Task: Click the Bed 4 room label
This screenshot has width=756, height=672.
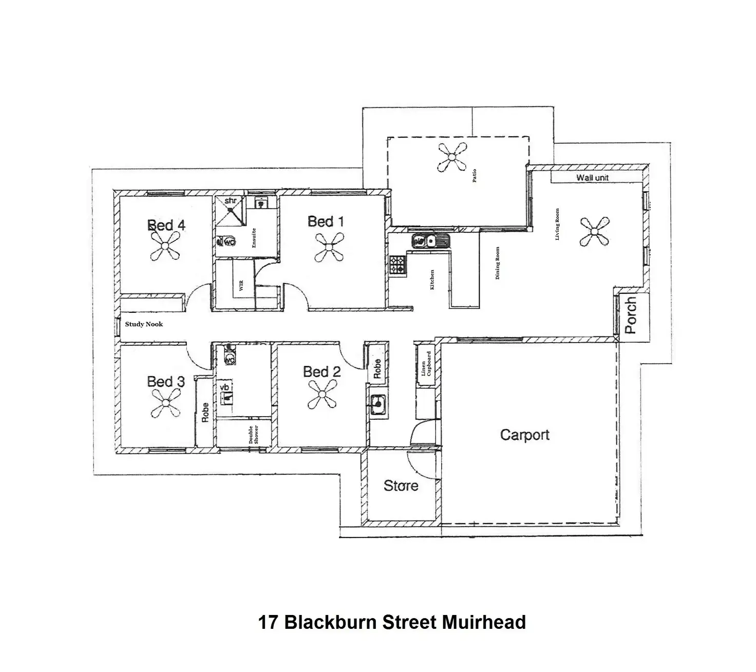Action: click(x=166, y=226)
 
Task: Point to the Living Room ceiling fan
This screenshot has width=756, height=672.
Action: click(x=595, y=232)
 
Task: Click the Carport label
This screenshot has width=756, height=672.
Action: click(x=524, y=435)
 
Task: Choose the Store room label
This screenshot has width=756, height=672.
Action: click(x=401, y=486)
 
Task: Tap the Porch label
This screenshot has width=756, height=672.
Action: click(x=631, y=315)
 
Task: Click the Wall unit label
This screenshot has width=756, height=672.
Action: click(x=592, y=178)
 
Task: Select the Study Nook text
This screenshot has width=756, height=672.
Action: click(x=144, y=324)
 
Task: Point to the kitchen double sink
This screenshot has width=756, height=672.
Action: click(x=430, y=240)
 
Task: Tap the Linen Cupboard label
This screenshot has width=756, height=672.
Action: click(x=426, y=364)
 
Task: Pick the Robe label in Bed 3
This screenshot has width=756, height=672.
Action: click(x=205, y=413)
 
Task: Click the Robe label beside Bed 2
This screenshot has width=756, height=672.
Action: click(x=377, y=369)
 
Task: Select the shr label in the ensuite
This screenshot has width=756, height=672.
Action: click(x=230, y=200)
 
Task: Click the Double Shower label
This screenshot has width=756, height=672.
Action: click(x=254, y=435)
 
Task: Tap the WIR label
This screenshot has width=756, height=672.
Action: click(x=240, y=286)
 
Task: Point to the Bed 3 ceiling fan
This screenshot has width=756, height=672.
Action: click(x=166, y=403)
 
